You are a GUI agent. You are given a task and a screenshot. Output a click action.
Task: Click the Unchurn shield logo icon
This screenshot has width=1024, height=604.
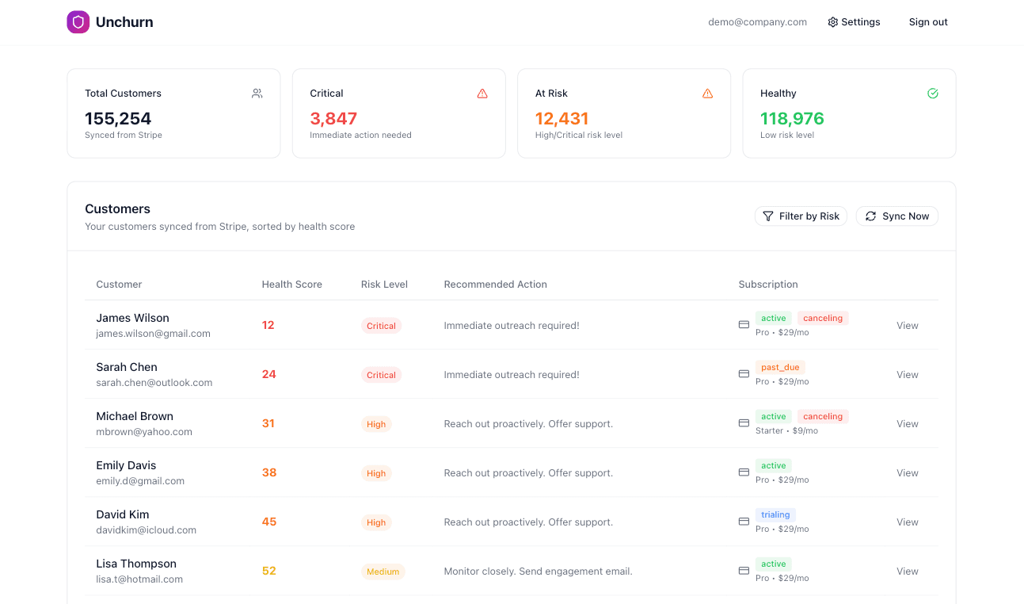pyautogui.click(x=78, y=22)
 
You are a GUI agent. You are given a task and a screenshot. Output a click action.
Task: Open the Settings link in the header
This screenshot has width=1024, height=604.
pyautogui.click(x=854, y=22)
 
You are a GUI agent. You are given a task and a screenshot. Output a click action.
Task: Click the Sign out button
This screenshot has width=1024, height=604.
pyautogui.click(x=927, y=22)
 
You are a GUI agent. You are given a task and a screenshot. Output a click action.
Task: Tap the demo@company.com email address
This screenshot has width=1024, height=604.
pyautogui.click(x=757, y=22)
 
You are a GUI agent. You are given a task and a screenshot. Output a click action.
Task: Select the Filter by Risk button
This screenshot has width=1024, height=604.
pyautogui.click(x=801, y=216)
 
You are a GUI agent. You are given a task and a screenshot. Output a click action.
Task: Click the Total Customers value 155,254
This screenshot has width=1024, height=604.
pyautogui.click(x=118, y=119)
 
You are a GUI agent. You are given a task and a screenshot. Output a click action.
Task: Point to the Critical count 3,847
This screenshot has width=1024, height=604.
pyautogui.click(x=333, y=119)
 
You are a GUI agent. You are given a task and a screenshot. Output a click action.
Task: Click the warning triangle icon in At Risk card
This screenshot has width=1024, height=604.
pyautogui.click(x=707, y=94)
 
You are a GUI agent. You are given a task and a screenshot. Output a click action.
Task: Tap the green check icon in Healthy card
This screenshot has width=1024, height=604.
pyautogui.click(x=932, y=94)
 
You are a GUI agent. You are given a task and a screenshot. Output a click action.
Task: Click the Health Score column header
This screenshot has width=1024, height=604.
pyautogui.click(x=291, y=285)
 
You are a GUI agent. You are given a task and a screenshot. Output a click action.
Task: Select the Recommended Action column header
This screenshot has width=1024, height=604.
pyautogui.click(x=495, y=285)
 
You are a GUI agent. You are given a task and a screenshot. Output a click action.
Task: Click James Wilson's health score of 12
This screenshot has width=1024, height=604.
pyautogui.click(x=268, y=325)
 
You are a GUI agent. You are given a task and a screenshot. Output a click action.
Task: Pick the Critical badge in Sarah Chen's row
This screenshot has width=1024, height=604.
pyautogui.click(x=381, y=375)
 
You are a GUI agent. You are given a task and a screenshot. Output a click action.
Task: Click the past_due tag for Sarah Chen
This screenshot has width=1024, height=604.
pyautogui.click(x=780, y=368)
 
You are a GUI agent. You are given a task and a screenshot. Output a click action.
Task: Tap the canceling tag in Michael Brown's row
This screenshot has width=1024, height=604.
pyautogui.click(x=822, y=417)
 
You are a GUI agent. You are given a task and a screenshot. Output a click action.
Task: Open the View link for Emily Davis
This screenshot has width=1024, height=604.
pyautogui.click(x=907, y=473)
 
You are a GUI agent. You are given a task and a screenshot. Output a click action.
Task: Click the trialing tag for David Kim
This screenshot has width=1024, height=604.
pyautogui.click(x=775, y=515)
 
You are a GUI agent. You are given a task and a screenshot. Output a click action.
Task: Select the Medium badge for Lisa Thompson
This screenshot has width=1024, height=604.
pyautogui.click(x=383, y=572)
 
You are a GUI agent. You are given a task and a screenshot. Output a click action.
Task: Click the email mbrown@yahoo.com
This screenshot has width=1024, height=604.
pyautogui.click(x=144, y=432)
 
